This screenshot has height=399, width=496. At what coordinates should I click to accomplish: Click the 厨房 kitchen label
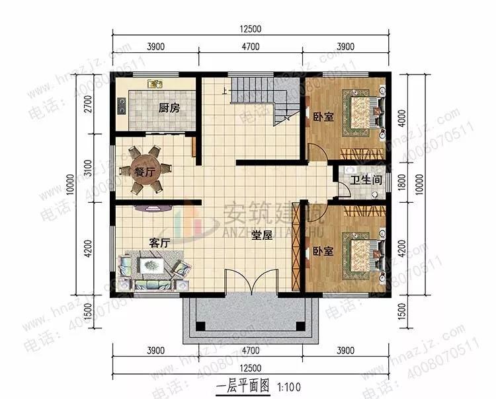click(x=169, y=108)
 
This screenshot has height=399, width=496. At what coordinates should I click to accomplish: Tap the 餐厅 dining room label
click(x=145, y=172)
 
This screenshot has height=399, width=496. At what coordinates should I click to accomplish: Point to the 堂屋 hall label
click(x=262, y=235)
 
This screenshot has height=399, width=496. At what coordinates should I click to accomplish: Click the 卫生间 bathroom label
click(x=363, y=180)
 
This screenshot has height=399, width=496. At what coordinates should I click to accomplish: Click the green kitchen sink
click(x=155, y=85)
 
